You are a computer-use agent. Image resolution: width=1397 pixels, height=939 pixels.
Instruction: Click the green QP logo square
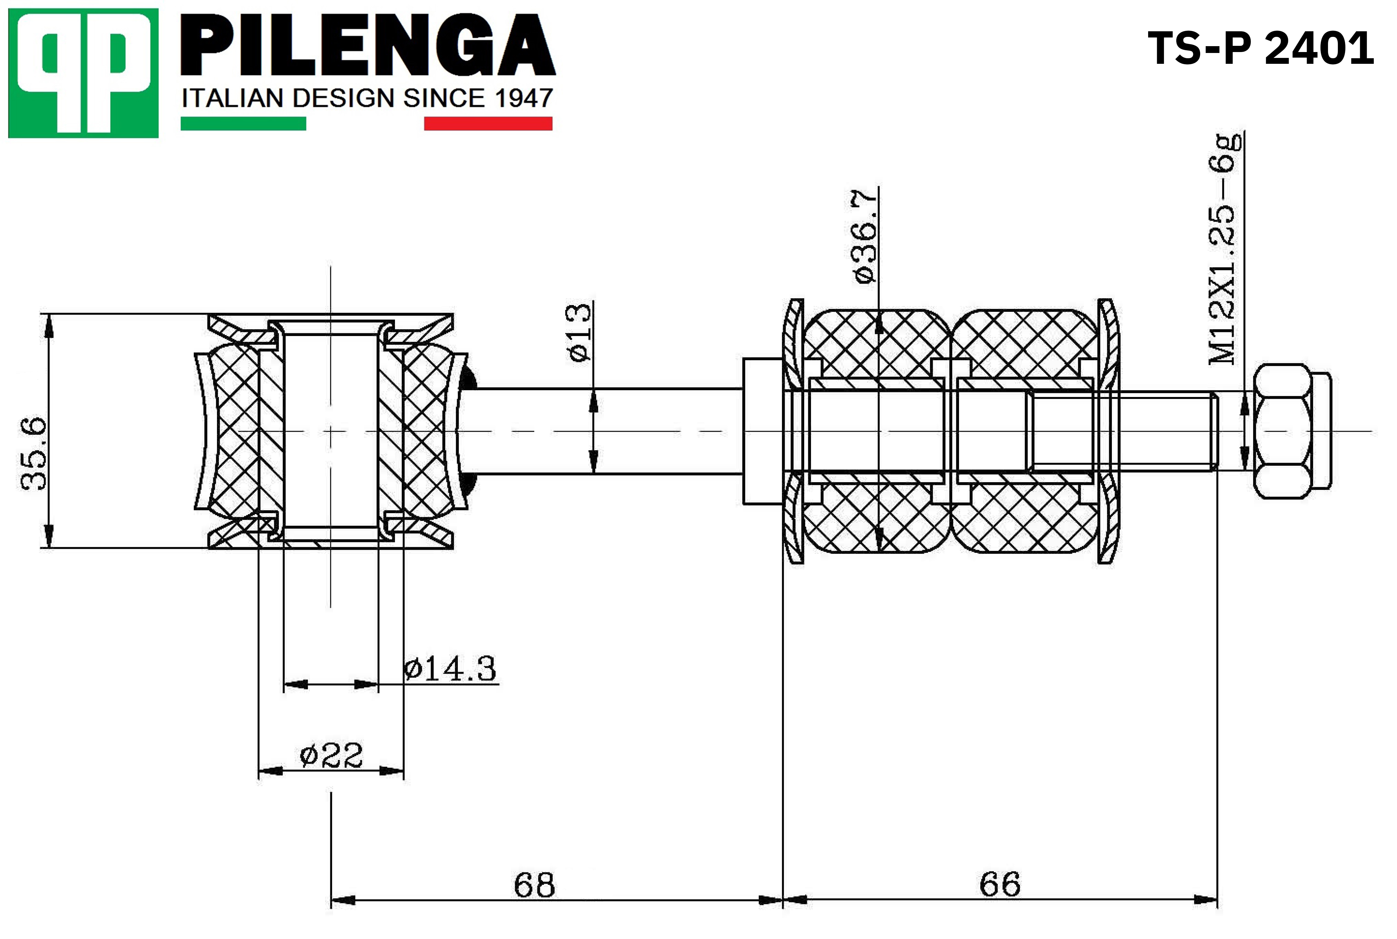[x=83, y=73]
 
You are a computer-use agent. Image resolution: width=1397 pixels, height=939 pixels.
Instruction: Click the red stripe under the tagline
[x=488, y=123]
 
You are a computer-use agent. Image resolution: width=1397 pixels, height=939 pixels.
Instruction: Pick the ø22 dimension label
[x=331, y=755]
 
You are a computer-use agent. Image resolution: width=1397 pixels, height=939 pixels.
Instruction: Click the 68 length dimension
[x=534, y=884]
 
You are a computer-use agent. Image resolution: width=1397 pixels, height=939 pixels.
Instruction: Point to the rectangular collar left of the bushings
[x=763, y=431]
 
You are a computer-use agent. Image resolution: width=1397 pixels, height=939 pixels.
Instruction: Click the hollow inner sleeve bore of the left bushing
[x=331, y=431]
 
